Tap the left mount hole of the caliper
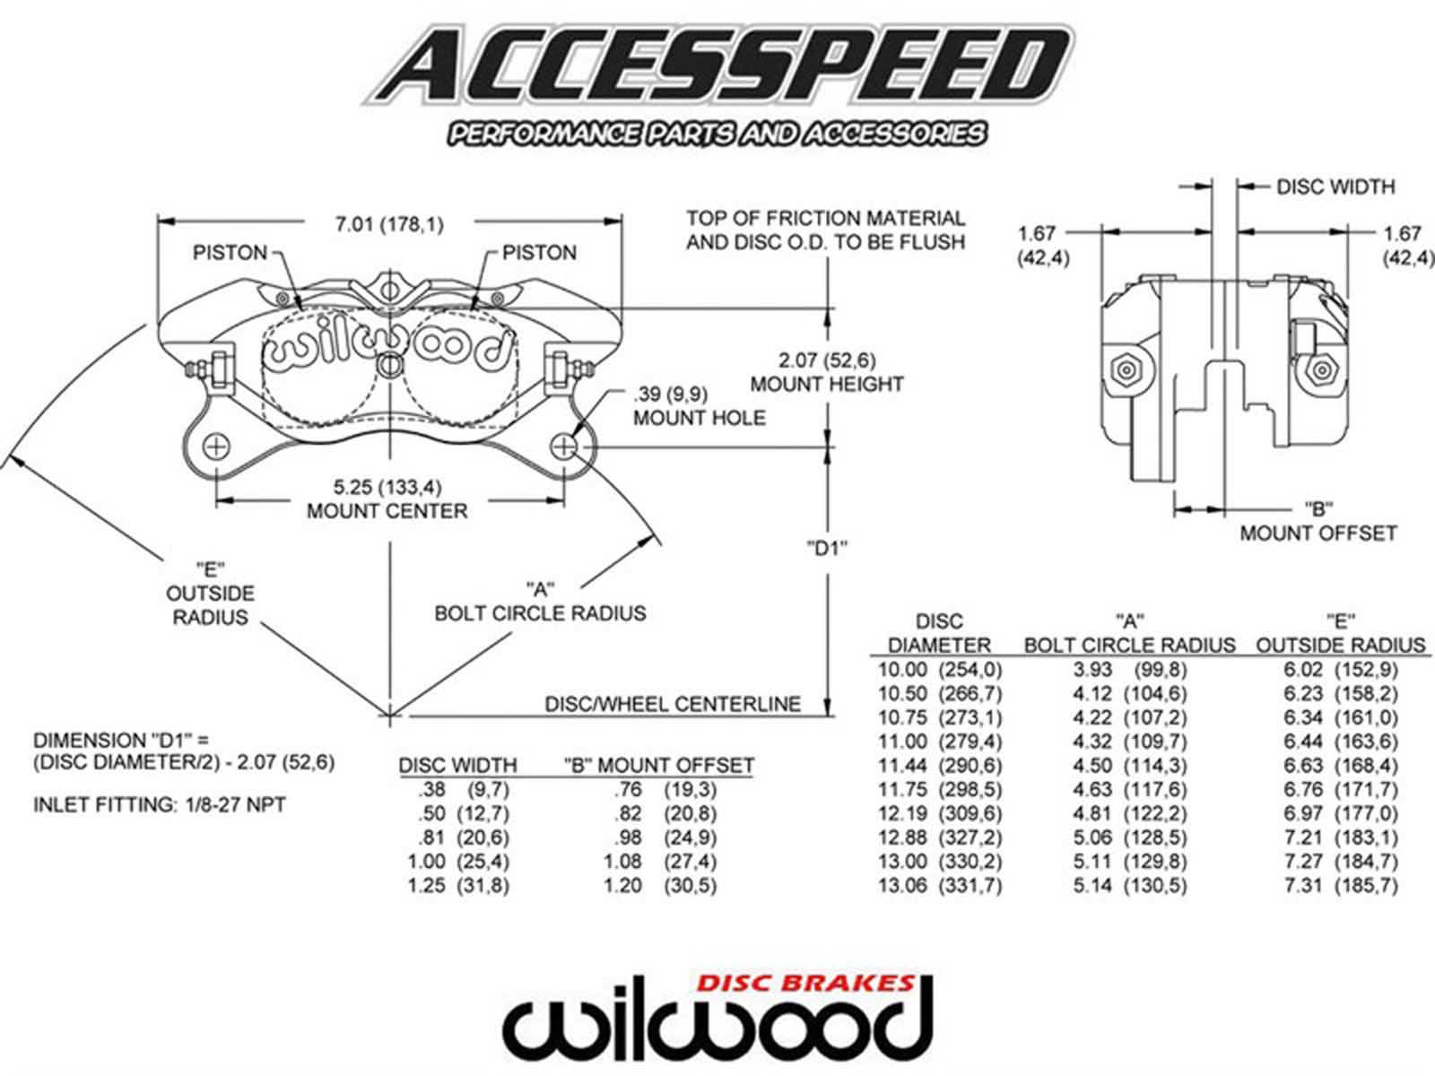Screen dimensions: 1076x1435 [x=216, y=446]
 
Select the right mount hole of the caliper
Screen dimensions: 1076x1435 [x=564, y=446]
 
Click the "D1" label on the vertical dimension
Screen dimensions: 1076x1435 [x=826, y=548]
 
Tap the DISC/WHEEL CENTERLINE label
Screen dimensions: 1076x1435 [x=673, y=704]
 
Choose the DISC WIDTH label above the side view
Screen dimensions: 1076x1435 [x=1335, y=187]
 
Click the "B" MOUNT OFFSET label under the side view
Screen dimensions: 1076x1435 [x=1318, y=521]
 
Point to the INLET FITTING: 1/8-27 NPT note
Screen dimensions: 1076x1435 [x=160, y=804]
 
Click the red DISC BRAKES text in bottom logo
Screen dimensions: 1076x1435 [x=806, y=982]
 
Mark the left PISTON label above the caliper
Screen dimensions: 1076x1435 [x=230, y=253]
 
